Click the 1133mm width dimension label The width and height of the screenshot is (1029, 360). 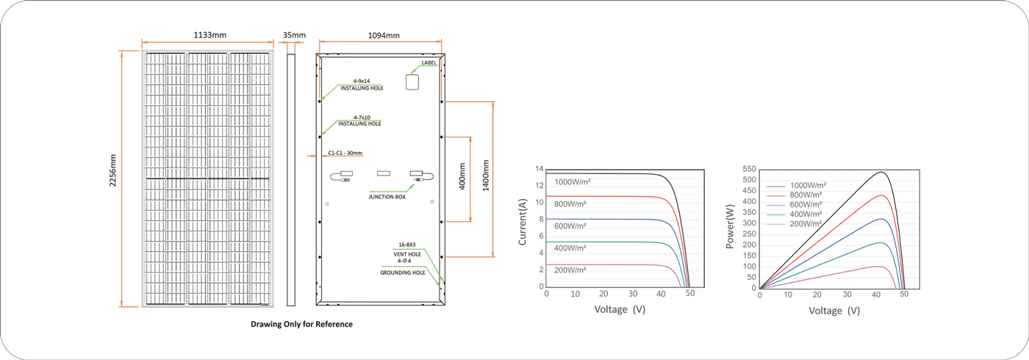[210, 35]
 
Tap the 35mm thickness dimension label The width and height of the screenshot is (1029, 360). [294, 35]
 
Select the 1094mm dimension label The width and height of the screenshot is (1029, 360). [384, 35]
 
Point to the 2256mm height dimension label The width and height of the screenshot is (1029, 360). [112, 170]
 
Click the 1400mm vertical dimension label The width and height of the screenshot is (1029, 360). [486, 176]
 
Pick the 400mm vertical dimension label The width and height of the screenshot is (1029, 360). [462, 176]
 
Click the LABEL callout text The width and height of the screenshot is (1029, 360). [429, 63]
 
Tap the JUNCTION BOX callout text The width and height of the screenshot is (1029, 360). [387, 197]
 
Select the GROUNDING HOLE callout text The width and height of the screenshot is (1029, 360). [403, 273]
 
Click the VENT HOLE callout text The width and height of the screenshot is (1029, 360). [407, 254]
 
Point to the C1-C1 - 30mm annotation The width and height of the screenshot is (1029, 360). [345, 153]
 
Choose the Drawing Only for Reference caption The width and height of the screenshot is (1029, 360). [302, 324]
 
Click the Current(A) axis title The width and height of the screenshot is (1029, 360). [523, 222]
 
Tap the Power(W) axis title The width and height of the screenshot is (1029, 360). [730, 226]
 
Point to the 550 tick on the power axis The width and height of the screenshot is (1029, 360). [749, 169]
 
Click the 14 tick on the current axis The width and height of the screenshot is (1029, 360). [539, 169]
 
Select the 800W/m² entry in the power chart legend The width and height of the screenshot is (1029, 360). [806, 195]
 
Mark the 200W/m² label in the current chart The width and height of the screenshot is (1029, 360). [570, 270]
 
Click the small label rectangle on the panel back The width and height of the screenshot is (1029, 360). [412, 82]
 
